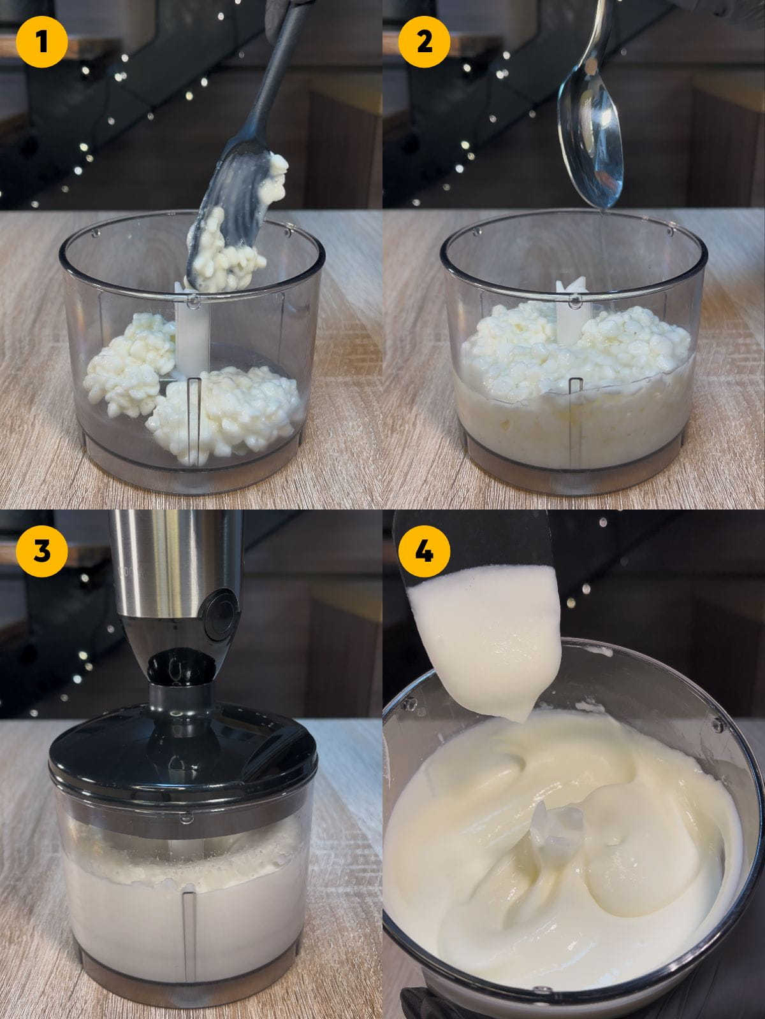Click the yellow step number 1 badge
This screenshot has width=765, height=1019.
pyautogui.click(x=41, y=42)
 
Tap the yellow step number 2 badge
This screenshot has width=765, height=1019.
pyautogui.click(x=424, y=42)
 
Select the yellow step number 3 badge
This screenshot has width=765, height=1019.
pyautogui.click(x=41, y=550)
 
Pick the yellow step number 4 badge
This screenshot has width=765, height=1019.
pyautogui.click(x=424, y=550)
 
